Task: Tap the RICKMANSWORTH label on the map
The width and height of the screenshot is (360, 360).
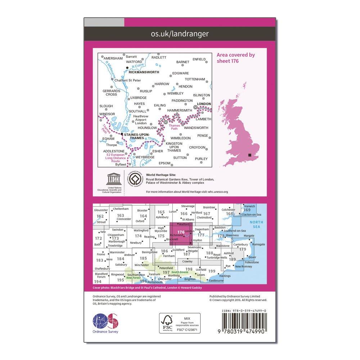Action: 144,71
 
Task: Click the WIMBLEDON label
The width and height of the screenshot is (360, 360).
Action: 180,138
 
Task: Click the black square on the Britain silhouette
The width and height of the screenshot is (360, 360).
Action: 250,155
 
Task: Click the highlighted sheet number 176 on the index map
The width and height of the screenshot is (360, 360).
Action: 181,232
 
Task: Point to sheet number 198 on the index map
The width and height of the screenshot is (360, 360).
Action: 189,269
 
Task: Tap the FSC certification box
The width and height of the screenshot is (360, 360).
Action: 179,323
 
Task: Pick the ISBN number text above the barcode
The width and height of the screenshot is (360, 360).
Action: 243,310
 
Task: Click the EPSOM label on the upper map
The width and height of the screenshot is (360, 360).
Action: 164,163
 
